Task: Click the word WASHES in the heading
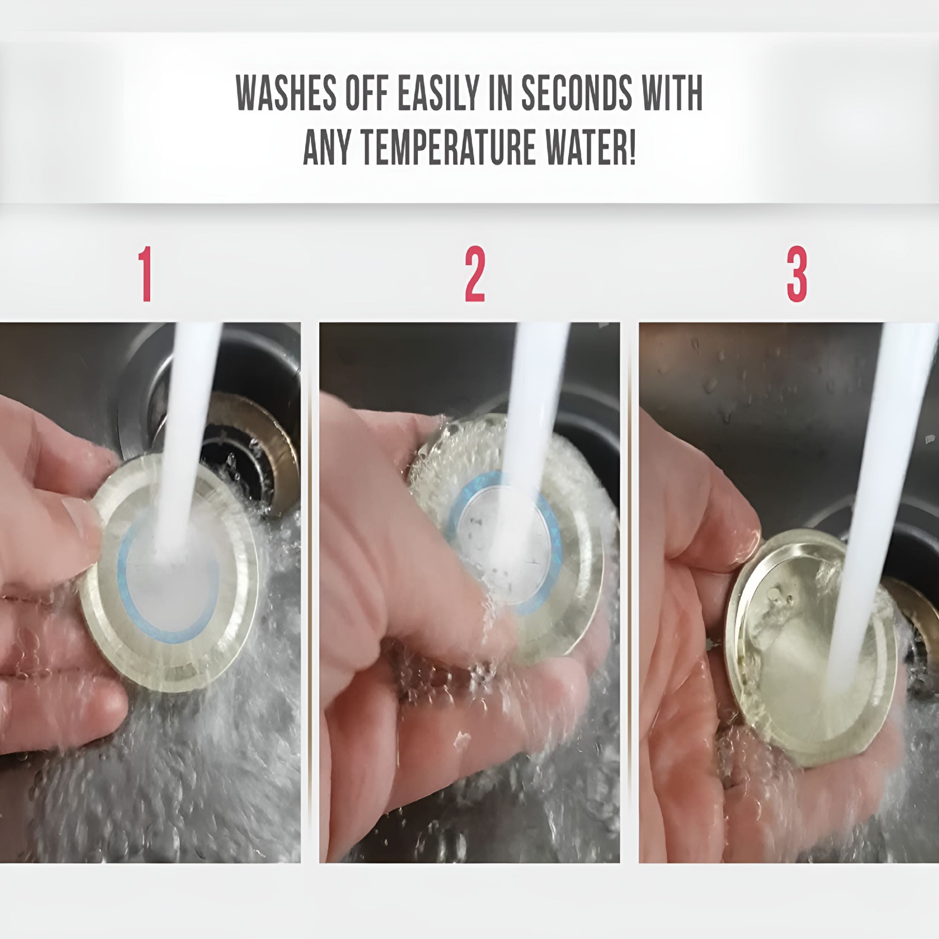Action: click(x=286, y=93)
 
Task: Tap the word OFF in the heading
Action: click(x=367, y=93)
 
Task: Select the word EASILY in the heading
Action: click(x=439, y=93)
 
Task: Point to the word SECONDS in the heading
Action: click(x=577, y=93)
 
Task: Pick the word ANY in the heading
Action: click(x=327, y=147)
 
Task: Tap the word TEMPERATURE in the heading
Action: click(x=448, y=147)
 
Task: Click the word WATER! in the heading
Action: click(x=590, y=147)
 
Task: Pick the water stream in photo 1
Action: click(x=187, y=437)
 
